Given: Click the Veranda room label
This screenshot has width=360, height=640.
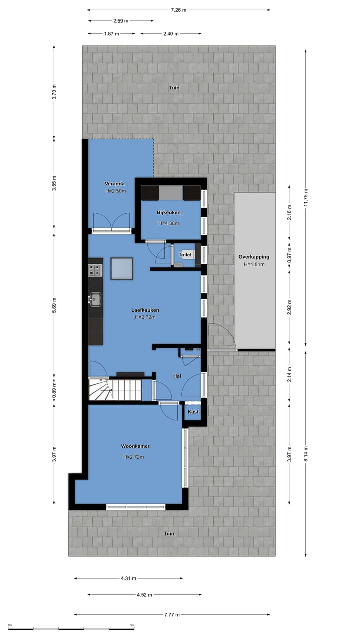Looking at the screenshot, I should [114, 183].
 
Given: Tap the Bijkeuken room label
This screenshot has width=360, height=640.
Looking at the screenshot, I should [168, 213].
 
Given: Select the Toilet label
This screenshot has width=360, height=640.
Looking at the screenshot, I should [185, 254].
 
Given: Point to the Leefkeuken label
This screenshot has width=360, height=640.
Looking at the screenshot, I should [145, 310].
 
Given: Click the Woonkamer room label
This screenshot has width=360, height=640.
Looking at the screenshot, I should [135, 446].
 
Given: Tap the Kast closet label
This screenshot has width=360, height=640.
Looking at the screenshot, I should [193, 412].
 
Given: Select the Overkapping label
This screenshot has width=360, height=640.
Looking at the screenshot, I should [254, 257].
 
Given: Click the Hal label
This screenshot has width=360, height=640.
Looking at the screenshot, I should [177, 376].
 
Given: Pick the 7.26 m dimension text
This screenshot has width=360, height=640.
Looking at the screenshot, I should [178, 10].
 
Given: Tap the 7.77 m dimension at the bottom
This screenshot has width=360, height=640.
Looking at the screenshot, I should [171, 615].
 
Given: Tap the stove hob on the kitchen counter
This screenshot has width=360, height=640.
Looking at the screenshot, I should [95, 270].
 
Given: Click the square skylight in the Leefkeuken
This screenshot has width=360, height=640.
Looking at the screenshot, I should [122, 269].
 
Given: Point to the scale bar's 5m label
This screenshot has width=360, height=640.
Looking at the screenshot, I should [132, 625].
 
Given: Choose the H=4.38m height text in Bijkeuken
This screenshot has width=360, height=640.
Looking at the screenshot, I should [168, 223].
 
